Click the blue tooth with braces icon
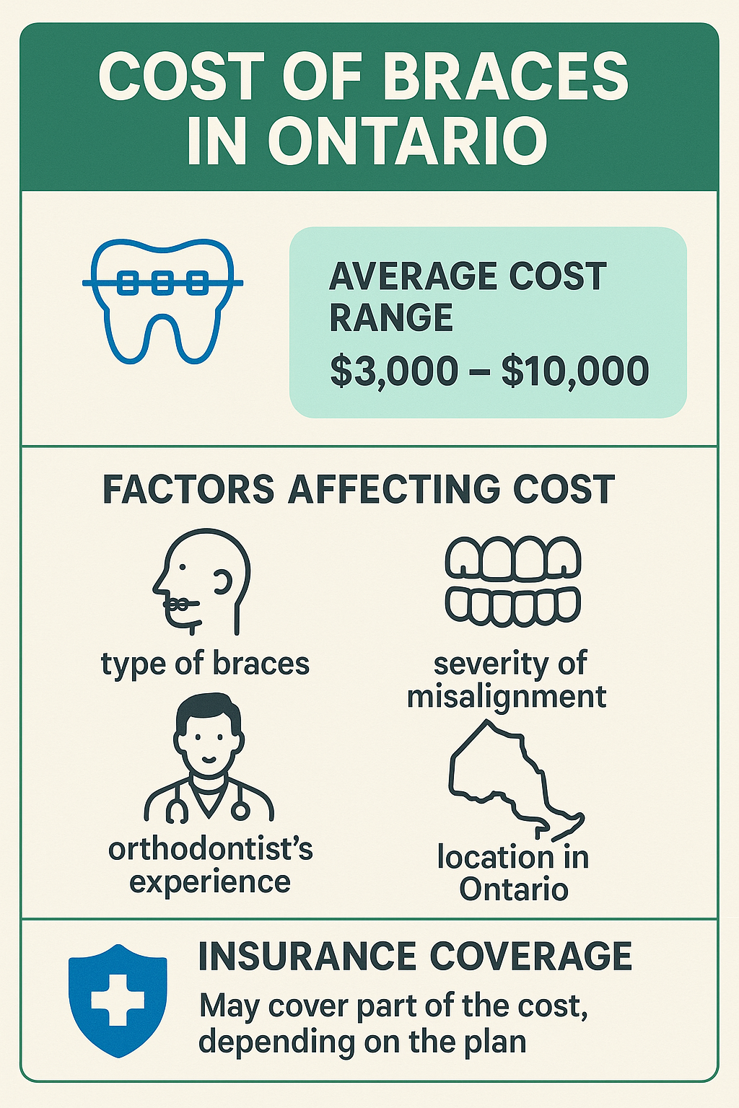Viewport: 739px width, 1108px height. tap(163, 301)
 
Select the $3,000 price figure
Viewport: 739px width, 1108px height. tap(394, 371)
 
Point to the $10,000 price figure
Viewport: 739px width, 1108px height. tap(574, 371)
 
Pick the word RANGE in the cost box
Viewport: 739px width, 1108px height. tap(391, 317)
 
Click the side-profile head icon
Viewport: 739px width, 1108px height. tap(201, 581)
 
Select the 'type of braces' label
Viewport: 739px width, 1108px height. tap(206, 664)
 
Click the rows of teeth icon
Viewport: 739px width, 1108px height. tap(513, 580)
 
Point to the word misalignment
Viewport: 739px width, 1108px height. tap(507, 696)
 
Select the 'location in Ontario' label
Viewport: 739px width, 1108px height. tap(513, 873)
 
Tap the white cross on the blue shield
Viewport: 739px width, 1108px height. tap(118, 1000)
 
